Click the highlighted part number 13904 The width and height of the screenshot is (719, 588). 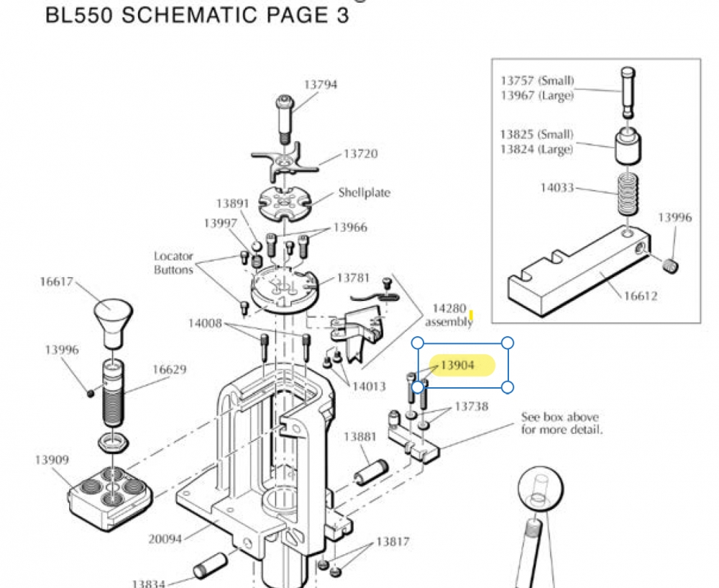[458, 366]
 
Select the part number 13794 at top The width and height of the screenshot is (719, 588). [320, 84]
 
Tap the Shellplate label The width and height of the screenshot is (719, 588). [364, 193]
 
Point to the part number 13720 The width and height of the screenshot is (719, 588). [360, 154]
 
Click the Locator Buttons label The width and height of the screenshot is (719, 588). [173, 263]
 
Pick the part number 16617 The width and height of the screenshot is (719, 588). [56, 281]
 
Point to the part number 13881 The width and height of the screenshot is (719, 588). [359, 437]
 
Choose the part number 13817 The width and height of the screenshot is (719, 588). [393, 541]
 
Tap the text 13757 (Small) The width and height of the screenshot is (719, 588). [537, 81]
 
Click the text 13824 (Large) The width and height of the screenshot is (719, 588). [536, 150]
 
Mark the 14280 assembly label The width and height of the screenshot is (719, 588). [449, 315]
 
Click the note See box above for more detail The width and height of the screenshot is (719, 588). [562, 423]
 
